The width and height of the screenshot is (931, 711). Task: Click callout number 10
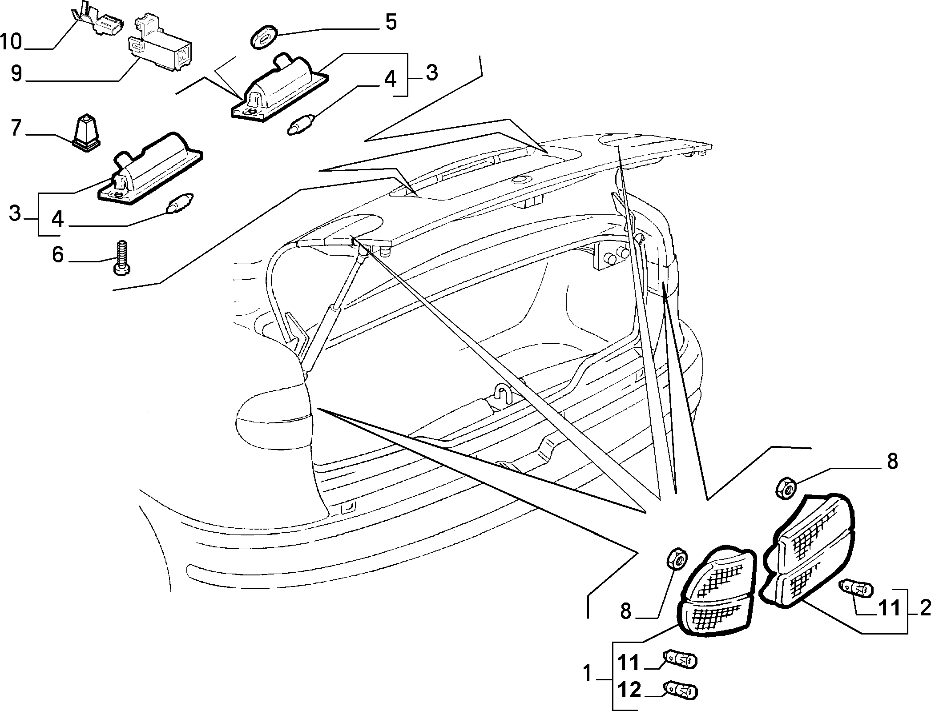coord(11,42)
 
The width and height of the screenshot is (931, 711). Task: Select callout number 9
coord(17,73)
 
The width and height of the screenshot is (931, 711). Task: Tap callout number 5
coord(391,22)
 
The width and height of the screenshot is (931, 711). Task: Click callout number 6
coord(58,255)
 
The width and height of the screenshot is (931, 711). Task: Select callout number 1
coord(588,674)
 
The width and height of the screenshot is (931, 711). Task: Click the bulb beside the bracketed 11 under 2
coord(855,588)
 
